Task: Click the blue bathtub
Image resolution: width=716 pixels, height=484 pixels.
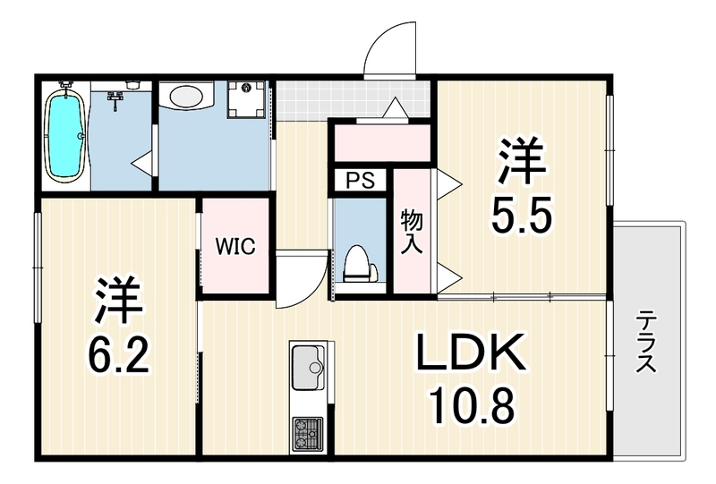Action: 66,135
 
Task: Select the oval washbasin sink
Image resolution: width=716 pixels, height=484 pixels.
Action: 186,96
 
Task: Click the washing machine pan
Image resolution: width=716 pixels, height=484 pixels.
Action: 247,99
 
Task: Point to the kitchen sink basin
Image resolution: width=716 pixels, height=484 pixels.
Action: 308,367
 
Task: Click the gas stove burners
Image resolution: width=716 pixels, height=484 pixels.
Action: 308,433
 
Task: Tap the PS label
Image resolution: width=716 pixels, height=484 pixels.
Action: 361,181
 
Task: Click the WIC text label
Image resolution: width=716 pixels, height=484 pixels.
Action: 235,247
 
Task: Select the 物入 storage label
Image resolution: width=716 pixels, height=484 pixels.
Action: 412,232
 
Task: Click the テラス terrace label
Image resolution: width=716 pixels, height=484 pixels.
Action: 646,341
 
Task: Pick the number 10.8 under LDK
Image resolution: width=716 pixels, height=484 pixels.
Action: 473,405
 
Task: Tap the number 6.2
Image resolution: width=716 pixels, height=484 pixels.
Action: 120,354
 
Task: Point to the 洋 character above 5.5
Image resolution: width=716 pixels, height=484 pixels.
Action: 522,161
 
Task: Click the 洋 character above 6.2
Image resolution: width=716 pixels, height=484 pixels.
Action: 119,300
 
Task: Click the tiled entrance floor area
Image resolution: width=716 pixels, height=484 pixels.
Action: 353,99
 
